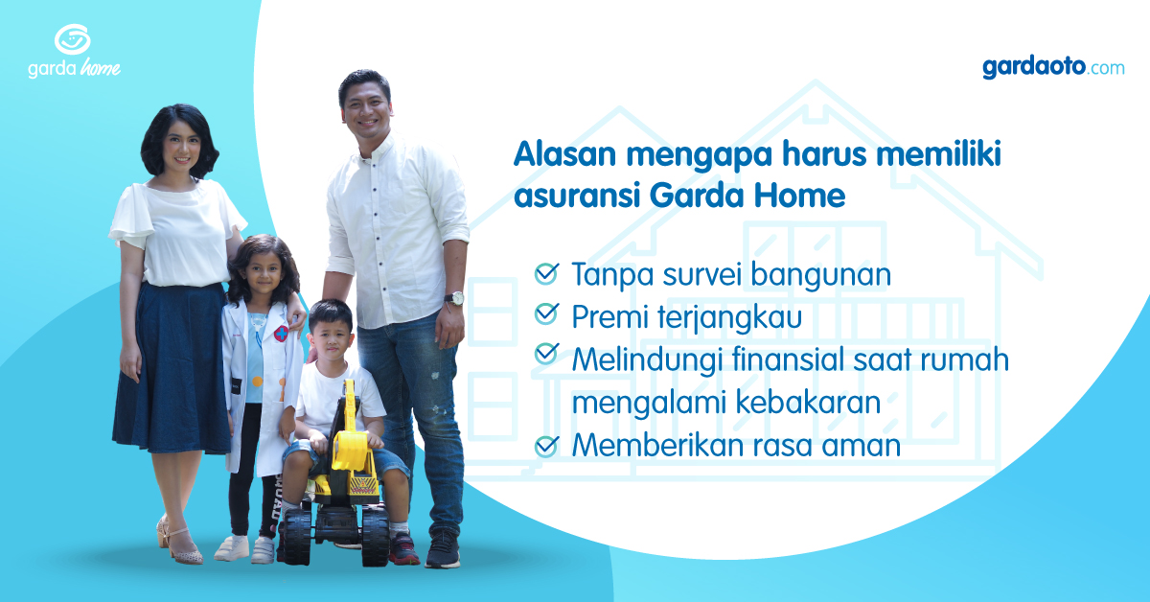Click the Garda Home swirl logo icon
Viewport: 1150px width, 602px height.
73,39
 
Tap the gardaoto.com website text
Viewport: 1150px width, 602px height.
1053,68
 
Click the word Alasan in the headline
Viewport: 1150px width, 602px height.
564,153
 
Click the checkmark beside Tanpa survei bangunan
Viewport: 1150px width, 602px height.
546,273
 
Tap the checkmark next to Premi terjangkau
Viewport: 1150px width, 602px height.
546,313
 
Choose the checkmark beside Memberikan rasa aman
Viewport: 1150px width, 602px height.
546,446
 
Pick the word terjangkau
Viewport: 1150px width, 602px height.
730,318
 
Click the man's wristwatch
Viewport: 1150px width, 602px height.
454,298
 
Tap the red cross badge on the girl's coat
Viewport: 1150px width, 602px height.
281,334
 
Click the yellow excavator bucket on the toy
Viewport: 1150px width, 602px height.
350,450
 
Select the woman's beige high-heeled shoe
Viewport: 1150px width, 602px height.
180,545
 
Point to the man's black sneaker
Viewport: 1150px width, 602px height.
443,549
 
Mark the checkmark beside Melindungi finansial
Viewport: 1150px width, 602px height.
546,354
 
